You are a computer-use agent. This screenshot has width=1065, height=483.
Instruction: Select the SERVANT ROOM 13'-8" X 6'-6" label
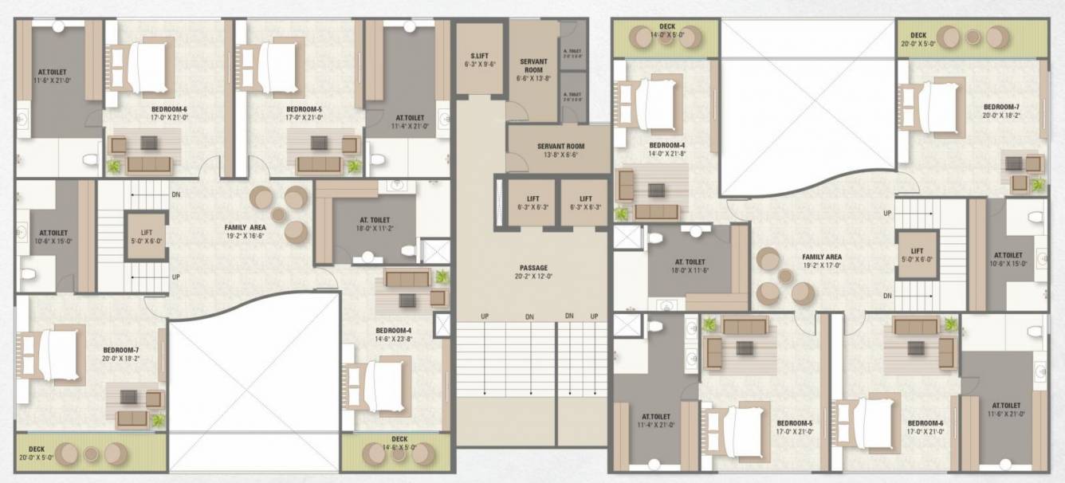(x=560, y=151)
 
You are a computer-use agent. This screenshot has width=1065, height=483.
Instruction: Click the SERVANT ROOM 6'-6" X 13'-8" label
(x=533, y=69)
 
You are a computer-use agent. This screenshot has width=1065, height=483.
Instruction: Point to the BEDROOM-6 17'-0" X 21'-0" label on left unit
(x=168, y=112)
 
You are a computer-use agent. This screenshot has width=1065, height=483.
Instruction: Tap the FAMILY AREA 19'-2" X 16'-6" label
(x=245, y=231)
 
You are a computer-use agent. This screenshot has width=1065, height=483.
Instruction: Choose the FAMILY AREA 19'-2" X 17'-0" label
(x=822, y=261)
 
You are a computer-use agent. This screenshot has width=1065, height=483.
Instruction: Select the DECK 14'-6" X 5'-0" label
(x=399, y=443)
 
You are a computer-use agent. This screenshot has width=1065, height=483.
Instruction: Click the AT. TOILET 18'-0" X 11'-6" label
(x=690, y=266)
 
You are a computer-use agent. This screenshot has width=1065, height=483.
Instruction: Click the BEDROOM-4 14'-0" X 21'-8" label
(x=667, y=149)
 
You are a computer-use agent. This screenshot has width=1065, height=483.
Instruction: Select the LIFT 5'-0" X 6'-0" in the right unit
(x=916, y=254)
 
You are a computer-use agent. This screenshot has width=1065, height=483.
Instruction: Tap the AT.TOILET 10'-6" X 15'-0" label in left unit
(x=53, y=237)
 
